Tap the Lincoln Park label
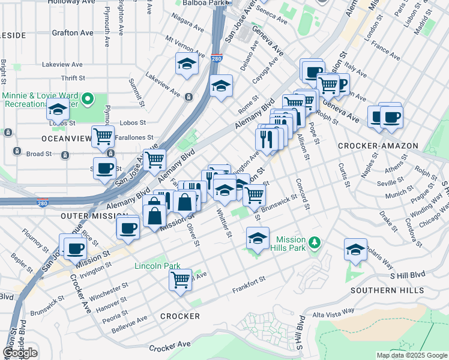157,266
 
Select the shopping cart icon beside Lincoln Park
180,280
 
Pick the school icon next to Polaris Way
355,250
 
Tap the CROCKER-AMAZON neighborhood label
367,146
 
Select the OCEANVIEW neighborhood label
65,139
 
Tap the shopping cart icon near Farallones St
103,137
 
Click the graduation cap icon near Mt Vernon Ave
187,63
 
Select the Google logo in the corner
20,352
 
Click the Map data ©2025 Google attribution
411,355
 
